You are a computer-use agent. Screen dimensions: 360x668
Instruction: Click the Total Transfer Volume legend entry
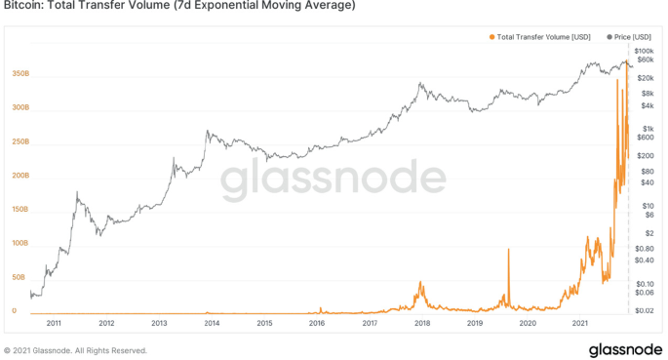538,37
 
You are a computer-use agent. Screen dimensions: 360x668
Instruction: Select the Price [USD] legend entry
630,37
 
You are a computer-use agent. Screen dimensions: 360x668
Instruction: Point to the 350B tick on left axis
20,73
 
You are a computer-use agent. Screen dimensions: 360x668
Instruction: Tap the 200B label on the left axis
20,176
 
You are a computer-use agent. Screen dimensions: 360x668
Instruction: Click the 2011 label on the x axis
54,323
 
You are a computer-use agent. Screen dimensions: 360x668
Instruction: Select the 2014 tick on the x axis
212,323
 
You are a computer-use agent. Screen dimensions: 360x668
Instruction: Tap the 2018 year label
422,323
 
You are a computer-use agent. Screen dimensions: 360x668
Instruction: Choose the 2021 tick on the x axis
580,323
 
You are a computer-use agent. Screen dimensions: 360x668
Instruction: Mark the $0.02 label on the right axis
644,309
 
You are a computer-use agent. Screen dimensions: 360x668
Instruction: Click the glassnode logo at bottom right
624,349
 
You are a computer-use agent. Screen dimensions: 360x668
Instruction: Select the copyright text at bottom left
76,350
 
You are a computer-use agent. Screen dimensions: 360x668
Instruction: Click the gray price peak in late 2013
207,131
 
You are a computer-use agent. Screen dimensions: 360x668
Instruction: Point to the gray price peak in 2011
76,193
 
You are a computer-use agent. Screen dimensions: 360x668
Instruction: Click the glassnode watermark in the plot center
332,181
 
